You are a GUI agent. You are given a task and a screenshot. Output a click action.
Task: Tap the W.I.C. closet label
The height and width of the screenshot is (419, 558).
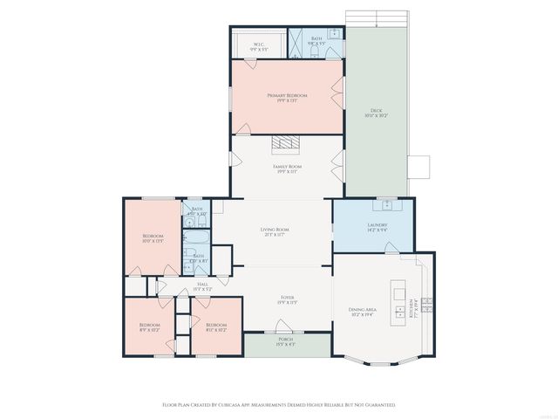(259, 47)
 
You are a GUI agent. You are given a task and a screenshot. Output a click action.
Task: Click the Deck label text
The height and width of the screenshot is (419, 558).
(377, 112)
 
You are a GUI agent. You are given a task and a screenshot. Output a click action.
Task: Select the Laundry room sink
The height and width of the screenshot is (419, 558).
(384, 205)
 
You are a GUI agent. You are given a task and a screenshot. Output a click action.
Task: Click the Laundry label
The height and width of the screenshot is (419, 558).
(376, 227)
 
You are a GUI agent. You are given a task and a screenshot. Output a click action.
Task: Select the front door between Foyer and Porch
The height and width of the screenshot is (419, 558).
(285, 330)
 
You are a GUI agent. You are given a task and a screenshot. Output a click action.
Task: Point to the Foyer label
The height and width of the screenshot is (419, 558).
(287, 300)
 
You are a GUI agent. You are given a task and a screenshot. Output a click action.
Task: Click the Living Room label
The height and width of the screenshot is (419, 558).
(274, 231)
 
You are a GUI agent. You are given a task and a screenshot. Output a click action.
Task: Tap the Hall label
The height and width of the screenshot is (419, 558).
(201, 286)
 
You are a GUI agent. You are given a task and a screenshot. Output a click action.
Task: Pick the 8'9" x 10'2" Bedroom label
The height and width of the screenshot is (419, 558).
(149, 326)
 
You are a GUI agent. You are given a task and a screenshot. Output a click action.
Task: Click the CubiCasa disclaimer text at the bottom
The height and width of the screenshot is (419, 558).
(279, 405)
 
